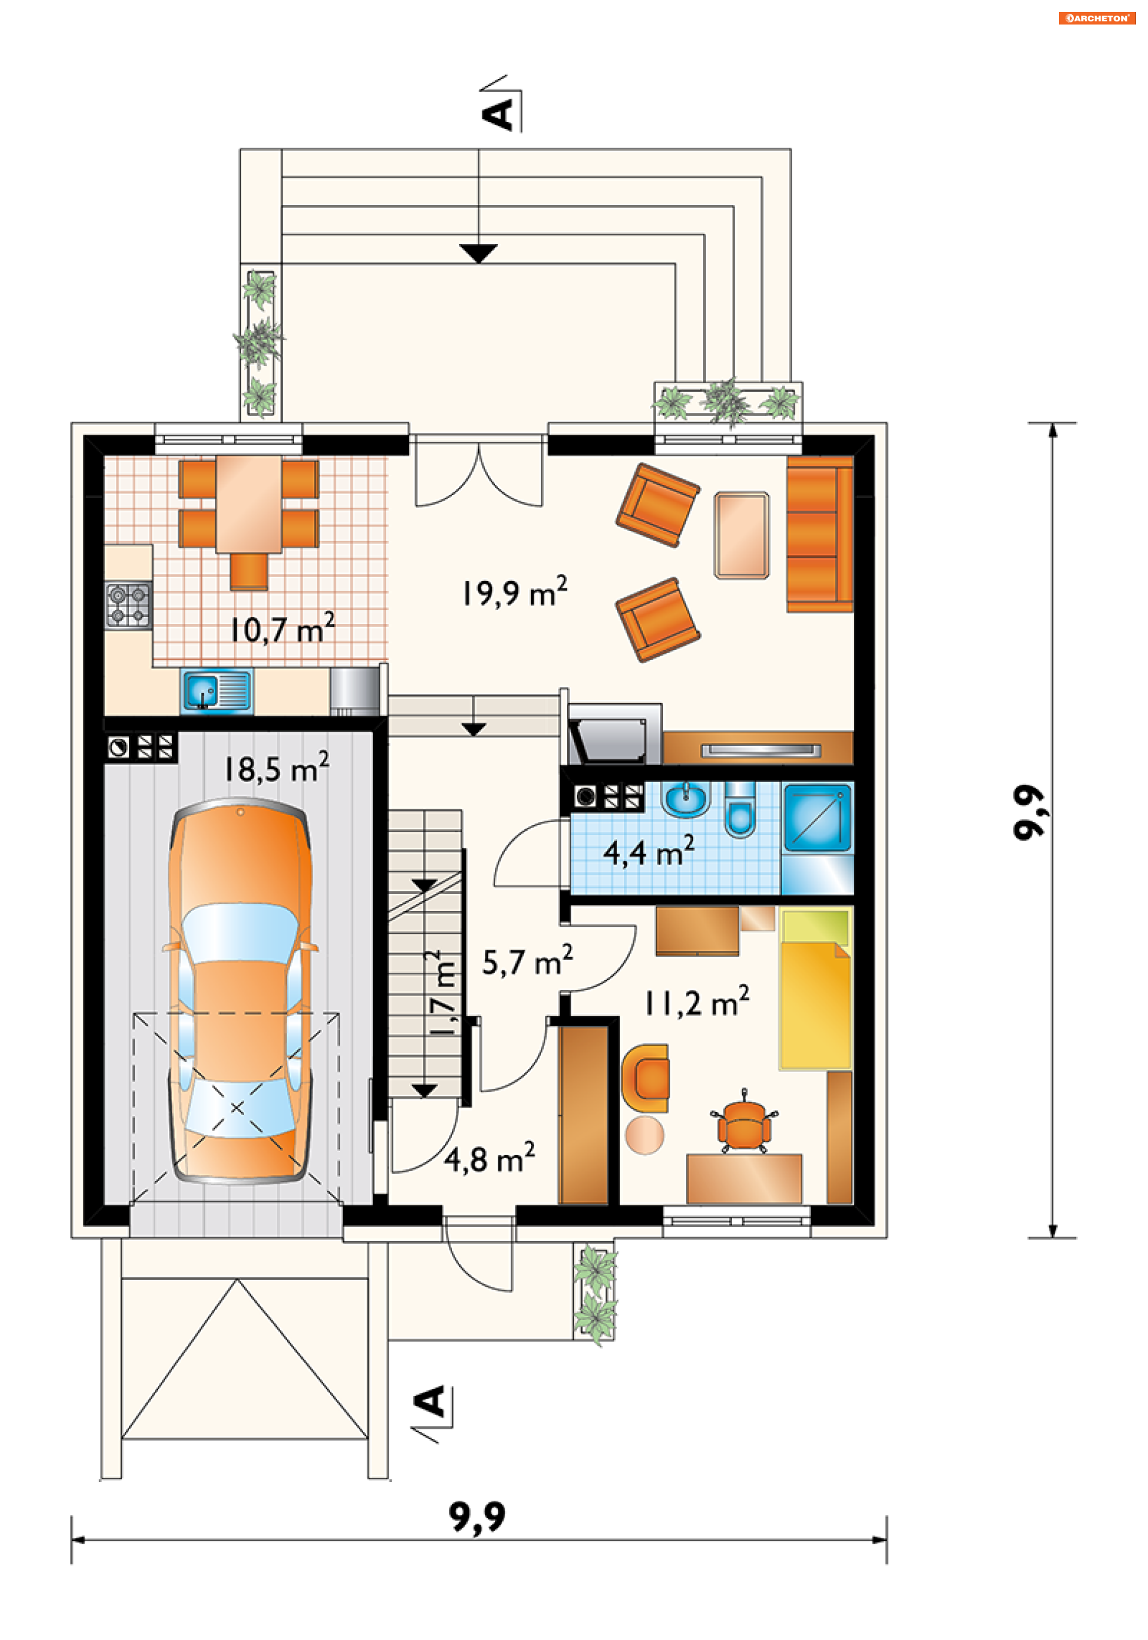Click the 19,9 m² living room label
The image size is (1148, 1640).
514,591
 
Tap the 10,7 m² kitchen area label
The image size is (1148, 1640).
282,628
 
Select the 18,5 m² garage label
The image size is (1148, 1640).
276,768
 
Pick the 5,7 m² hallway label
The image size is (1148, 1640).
527,961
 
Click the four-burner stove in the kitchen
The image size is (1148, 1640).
129,605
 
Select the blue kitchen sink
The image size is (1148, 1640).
216,691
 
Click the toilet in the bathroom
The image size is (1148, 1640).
740,810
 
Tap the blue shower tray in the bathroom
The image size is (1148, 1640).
818,819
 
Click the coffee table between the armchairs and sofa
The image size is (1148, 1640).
741,535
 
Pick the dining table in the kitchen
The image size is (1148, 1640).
249,504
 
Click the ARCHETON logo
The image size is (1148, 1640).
1097,19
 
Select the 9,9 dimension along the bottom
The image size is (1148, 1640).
477,1517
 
